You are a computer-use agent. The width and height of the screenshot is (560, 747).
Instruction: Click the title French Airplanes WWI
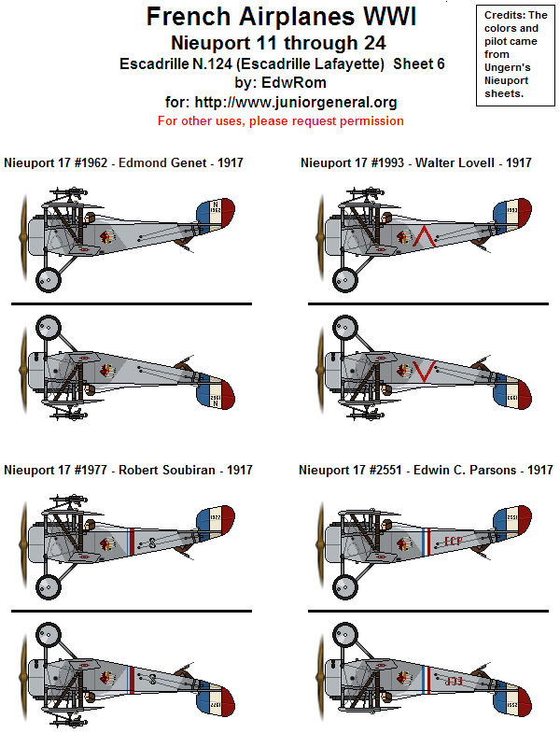coord(280,17)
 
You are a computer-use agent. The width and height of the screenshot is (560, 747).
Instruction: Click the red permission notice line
coord(280,120)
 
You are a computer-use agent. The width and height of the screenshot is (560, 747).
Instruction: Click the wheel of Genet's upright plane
coord(48,278)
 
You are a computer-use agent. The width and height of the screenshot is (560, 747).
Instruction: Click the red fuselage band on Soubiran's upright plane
coord(133,539)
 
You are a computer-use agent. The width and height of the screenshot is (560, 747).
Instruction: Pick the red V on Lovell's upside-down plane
coord(425,371)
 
